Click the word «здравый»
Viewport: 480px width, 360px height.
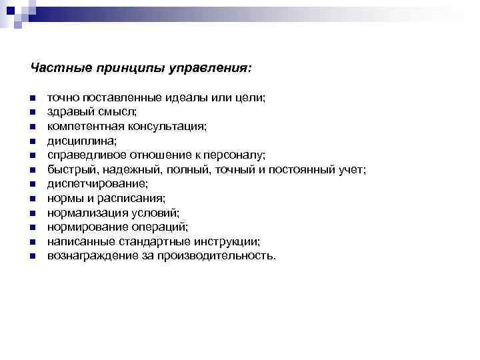click(x=67, y=111)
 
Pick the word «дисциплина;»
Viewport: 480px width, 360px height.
click(x=81, y=141)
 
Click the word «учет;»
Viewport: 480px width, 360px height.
click(x=352, y=169)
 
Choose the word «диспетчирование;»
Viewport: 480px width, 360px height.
click(x=97, y=184)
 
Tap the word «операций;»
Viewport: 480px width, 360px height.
click(x=160, y=227)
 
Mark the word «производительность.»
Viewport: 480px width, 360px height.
click(x=215, y=256)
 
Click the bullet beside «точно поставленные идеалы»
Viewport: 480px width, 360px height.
click(x=33, y=98)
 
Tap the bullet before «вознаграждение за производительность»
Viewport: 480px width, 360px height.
click(x=33, y=257)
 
